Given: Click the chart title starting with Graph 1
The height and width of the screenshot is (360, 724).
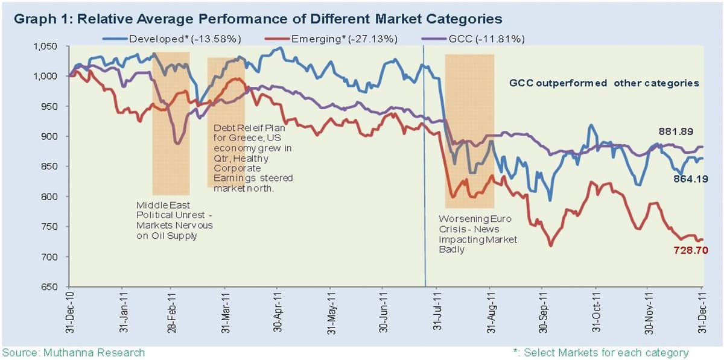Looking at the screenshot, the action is click(258, 19).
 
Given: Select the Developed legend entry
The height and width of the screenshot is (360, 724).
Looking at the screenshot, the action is click(172, 39).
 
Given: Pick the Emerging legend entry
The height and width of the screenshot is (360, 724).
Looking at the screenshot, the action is click(331, 39).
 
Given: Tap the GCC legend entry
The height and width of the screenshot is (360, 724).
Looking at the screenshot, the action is click(473, 39).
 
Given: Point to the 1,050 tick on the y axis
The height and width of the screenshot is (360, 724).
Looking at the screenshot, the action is click(45, 46).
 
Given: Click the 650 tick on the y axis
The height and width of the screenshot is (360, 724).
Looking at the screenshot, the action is click(49, 286).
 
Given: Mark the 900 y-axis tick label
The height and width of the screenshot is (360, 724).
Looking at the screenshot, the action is click(49, 136).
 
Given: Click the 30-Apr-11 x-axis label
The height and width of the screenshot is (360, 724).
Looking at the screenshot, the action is click(278, 312).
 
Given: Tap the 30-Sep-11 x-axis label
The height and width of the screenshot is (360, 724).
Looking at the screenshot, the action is click(544, 312).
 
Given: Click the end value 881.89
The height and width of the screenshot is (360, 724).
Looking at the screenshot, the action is click(676, 131).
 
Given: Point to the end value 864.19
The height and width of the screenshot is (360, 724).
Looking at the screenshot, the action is click(691, 178).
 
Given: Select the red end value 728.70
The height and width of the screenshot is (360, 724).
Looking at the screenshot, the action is click(691, 250).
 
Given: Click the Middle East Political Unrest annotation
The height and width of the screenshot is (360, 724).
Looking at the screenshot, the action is click(174, 220).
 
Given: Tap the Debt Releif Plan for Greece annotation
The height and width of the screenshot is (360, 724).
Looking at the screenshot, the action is click(253, 158).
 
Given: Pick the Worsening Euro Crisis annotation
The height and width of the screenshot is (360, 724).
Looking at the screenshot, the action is click(478, 234).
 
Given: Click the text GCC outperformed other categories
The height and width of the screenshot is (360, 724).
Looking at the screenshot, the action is click(604, 83).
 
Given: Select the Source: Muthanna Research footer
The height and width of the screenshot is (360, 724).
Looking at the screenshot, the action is click(74, 352).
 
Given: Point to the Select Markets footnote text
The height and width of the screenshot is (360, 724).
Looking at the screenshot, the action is click(601, 352).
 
